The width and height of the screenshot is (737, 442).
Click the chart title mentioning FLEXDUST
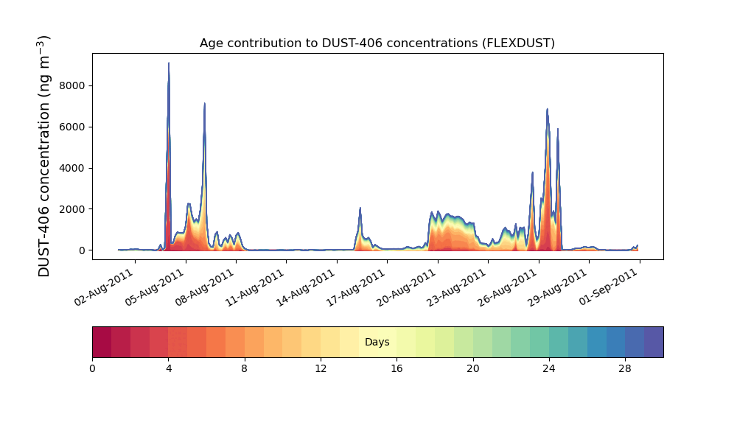tap(377, 43)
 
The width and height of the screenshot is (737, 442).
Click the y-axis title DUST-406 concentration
tap(43, 156)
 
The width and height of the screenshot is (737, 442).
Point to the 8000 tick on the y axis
tap(72, 85)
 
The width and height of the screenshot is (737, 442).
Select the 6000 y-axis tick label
tap(72, 127)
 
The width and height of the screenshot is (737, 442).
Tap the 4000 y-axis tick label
tap(72, 168)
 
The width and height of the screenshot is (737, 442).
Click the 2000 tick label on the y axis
tap(72, 209)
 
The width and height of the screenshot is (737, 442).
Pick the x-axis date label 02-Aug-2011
tap(104, 287)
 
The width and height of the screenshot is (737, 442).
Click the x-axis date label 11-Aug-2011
tap(255, 287)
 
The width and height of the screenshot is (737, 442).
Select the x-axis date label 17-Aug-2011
tap(356, 287)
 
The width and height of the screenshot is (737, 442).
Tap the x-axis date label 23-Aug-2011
tap(457, 287)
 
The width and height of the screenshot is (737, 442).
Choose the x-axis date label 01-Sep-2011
tap(609, 287)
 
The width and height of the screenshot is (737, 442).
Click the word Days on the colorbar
tap(377, 343)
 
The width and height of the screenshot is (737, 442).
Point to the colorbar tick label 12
tap(321, 369)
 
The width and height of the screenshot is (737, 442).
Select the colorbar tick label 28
tap(625, 369)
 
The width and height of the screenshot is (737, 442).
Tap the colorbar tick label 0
tap(93, 369)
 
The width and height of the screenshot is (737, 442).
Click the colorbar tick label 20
tap(473, 369)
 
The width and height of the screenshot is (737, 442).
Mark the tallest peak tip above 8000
tap(169, 63)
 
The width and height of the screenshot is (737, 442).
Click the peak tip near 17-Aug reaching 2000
tap(360, 208)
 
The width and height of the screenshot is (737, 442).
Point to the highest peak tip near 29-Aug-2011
tap(547, 109)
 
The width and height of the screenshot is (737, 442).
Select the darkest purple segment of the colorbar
tap(654, 342)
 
